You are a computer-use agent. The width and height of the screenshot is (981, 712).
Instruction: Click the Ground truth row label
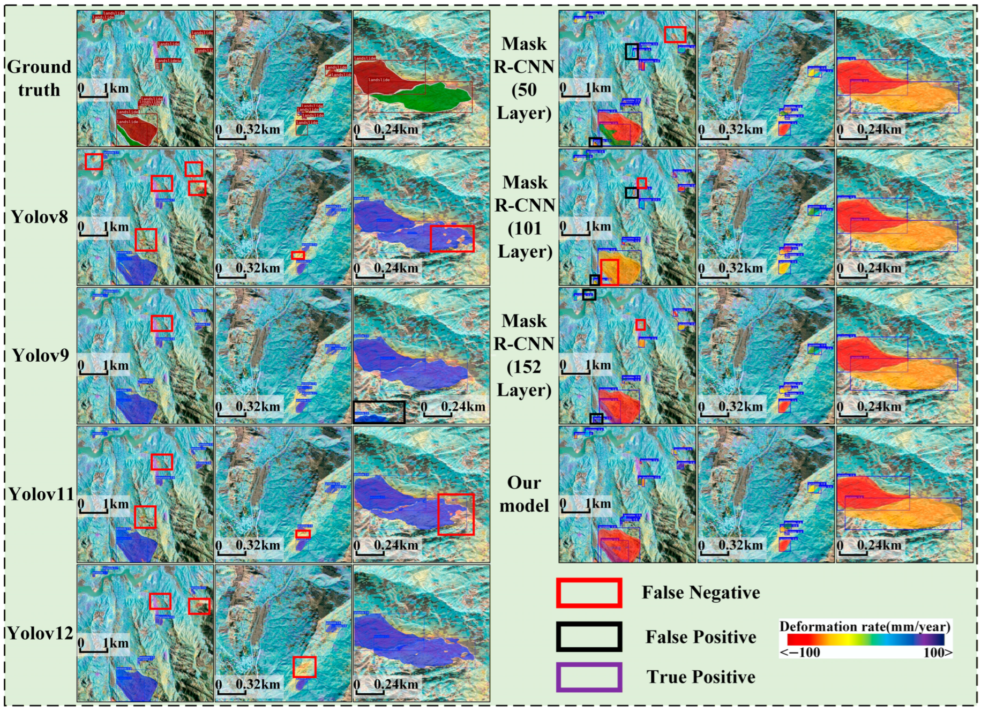pyautogui.click(x=39, y=78)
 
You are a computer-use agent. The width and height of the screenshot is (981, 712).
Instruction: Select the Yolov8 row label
pyautogui.click(x=40, y=217)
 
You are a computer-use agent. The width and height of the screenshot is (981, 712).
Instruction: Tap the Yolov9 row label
pyautogui.click(x=40, y=355)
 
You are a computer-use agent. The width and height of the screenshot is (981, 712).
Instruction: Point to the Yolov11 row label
pyautogui.click(x=41, y=494)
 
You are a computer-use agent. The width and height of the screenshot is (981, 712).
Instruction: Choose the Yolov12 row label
pyautogui.click(x=41, y=633)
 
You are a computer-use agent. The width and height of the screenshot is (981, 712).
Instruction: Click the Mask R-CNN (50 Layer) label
pyautogui.click(x=524, y=78)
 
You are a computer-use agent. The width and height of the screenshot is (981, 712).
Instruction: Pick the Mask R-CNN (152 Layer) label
pyautogui.click(x=524, y=355)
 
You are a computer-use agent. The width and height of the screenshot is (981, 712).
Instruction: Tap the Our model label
pyautogui.click(x=524, y=494)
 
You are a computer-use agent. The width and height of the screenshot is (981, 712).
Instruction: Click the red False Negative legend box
pyautogui.click(x=589, y=593)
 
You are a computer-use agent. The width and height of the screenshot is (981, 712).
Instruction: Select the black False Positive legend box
pyautogui.click(x=589, y=636)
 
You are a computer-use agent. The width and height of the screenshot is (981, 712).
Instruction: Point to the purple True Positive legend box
pyautogui.click(x=589, y=677)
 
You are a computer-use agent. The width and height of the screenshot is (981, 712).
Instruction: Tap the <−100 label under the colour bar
pyautogui.click(x=800, y=653)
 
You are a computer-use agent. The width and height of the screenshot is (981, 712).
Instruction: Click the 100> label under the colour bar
pyautogui.click(x=938, y=653)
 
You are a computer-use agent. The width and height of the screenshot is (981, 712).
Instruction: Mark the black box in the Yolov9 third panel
pyautogui.click(x=379, y=412)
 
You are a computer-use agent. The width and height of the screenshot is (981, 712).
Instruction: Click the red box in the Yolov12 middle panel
pyautogui.click(x=304, y=667)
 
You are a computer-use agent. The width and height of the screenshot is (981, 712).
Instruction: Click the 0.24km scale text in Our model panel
pyautogui.click(x=879, y=545)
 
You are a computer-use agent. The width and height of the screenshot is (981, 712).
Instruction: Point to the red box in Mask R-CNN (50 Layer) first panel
pyautogui.click(x=675, y=34)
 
